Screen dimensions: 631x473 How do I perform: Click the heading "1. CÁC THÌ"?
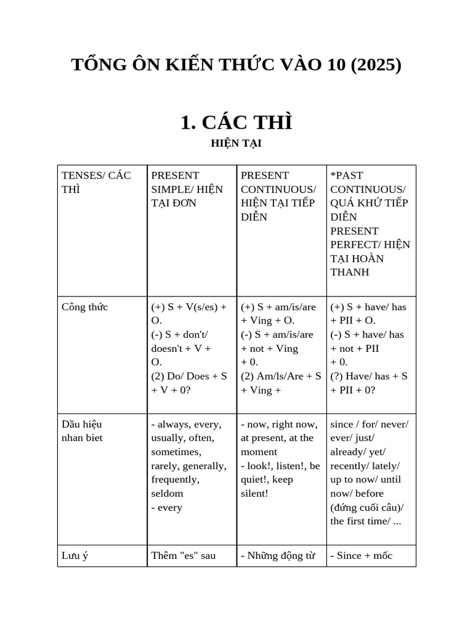click(236, 123)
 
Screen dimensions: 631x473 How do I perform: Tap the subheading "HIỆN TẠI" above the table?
click(236, 144)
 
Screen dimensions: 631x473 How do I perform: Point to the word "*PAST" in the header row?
click(347, 176)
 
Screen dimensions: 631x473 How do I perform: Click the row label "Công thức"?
click(85, 307)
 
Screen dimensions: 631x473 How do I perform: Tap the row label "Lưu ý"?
click(75, 556)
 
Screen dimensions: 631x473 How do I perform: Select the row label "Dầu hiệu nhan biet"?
click(82, 431)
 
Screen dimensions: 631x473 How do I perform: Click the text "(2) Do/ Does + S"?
click(189, 376)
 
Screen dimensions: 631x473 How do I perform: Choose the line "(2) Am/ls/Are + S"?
click(281, 376)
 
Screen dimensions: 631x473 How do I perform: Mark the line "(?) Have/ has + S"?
click(369, 376)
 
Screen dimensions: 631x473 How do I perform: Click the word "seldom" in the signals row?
click(167, 494)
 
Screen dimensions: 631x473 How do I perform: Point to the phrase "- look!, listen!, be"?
click(280, 466)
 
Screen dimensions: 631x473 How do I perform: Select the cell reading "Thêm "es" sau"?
click(184, 556)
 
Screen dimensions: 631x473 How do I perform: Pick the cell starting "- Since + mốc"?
click(362, 556)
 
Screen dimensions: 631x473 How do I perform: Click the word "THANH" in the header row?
click(350, 272)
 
